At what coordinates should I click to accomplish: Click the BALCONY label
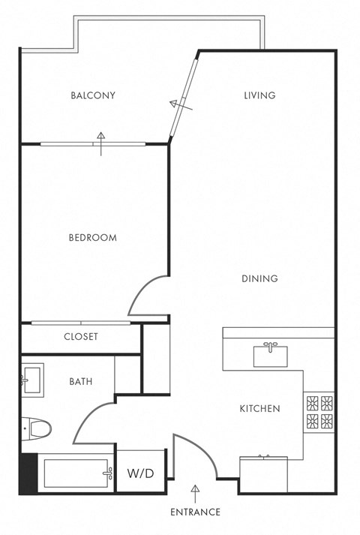pyautogui.click(x=93, y=95)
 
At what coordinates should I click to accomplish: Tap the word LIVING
pyautogui.click(x=260, y=95)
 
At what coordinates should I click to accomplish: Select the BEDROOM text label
pyautogui.click(x=93, y=238)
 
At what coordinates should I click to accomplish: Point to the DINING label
pyautogui.click(x=259, y=278)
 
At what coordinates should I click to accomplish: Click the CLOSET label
pyautogui.click(x=80, y=337)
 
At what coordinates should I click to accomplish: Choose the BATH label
pyautogui.click(x=80, y=381)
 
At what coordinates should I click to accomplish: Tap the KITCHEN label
pyautogui.click(x=259, y=409)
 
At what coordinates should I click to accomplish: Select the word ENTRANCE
pyautogui.click(x=195, y=512)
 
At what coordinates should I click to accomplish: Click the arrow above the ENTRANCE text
pyautogui.click(x=196, y=492)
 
